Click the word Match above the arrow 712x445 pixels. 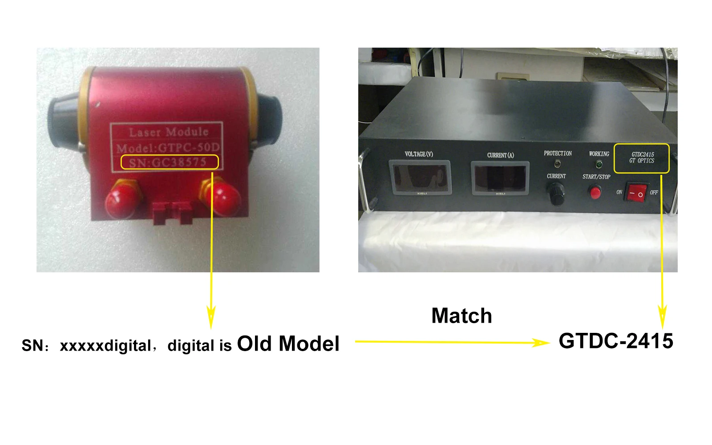click(x=461, y=316)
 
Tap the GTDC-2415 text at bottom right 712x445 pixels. click(x=616, y=341)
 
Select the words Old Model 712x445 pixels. click(x=288, y=344)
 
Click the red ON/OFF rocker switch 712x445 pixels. click(x=636, y=193)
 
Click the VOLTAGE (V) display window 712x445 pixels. click(x=420, y=177)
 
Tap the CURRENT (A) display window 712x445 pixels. click(x=500, y=178)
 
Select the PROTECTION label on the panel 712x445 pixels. click(x=558, y=154)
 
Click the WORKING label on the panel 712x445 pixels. click(x=599, y=154)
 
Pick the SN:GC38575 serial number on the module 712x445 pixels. click(x=168, y=162)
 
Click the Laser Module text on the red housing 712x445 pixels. click(x=169, y=132)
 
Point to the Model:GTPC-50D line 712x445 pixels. click(x=168, y=147)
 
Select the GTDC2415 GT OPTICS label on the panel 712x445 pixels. click(x=642, y=158)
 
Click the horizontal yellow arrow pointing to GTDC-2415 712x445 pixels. click(x=452, y=342)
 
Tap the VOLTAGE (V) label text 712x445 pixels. click(x=419, y=154)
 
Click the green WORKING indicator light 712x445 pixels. click(x=599, y=165)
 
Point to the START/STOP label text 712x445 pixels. click(x=596, y=177)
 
